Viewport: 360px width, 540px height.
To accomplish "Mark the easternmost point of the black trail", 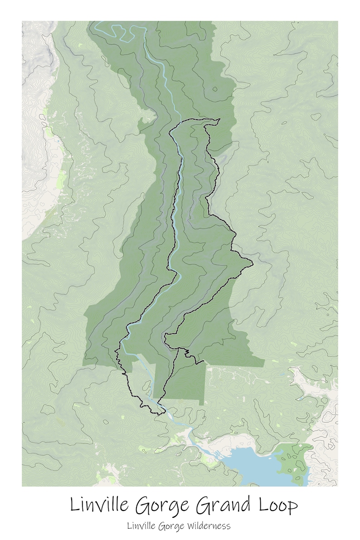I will point(252,262).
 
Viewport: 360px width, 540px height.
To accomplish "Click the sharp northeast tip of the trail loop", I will point(219,120).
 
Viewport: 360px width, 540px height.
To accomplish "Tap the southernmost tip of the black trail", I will point(160,414).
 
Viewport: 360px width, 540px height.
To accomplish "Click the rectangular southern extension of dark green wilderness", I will point(181,381).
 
